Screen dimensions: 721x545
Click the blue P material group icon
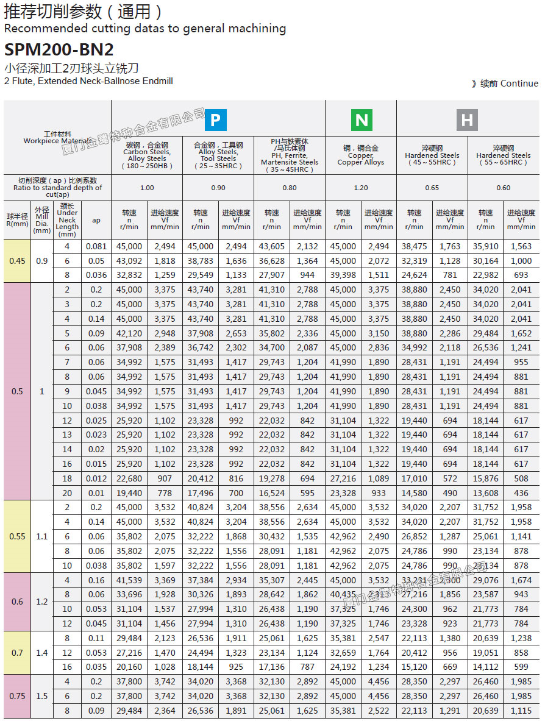(x=215, y=120)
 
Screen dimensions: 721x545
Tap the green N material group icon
(x=362, y=120)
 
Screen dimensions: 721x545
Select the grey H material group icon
(x=467, y=120)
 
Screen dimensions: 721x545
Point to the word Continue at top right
(x=519, y=83)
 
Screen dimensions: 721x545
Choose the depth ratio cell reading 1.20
(x=361, y=188)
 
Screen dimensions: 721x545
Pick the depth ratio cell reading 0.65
(x=432, y=188)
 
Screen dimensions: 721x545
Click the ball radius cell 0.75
(x=18, y=696)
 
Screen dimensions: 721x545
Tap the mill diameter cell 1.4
(x=41, y=653)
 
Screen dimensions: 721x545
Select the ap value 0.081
(x=96, y=247)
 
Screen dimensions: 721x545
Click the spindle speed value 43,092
(x=129, y=261)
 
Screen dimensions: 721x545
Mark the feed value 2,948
(x=165, y=333)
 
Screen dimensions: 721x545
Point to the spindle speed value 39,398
(x=343, y=275)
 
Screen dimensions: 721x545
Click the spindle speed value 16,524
(x=271, y=493)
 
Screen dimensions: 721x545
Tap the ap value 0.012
(x=96, y=478)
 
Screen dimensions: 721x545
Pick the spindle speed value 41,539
(x=129, y=580)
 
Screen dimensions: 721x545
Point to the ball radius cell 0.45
(x=18, y=261)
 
